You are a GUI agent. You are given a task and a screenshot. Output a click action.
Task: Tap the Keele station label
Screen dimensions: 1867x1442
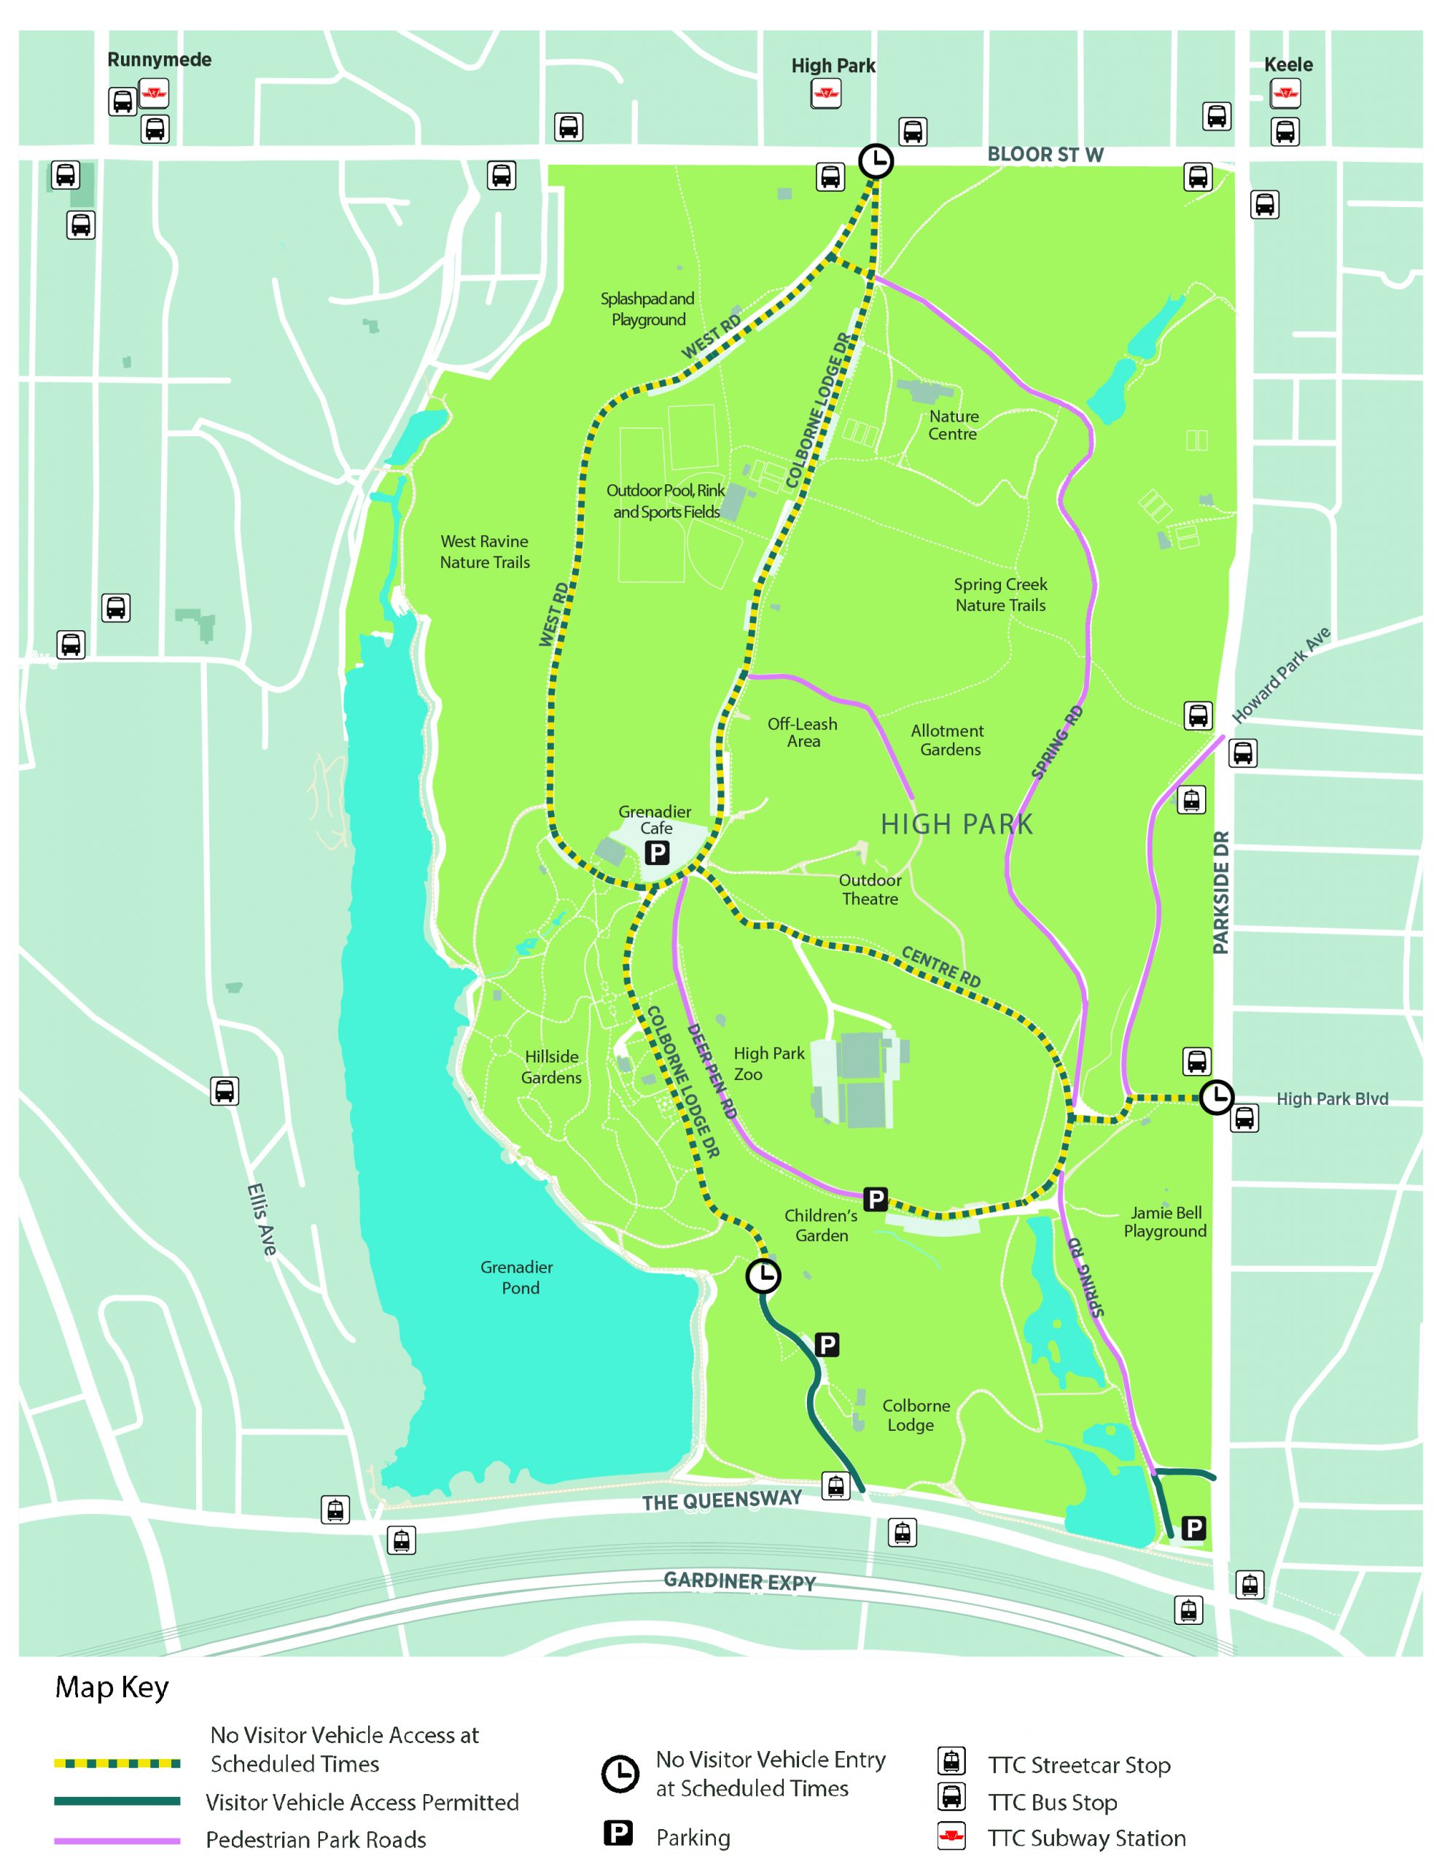click(x=1288, y=65)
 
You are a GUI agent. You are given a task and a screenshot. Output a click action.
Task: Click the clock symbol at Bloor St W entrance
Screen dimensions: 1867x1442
click(x=876, y=160)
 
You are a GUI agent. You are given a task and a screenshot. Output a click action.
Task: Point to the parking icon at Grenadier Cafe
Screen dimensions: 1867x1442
click(x=656, y=853)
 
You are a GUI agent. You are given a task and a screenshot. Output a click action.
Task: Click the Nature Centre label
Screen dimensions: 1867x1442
click(x=953, y=425)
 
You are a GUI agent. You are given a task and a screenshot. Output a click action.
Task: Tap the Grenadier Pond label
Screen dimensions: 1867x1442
click(x=516, y=1277)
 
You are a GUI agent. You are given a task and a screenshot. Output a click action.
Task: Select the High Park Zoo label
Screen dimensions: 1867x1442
click(x=768, y=1063)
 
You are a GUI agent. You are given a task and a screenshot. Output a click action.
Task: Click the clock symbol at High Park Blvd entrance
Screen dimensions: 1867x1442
click(x=1216, y=1097)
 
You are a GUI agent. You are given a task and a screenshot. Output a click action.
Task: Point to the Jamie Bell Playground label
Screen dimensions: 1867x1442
click(x=1165, y=1222)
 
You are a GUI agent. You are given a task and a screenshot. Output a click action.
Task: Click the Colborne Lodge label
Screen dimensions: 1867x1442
click(x=916, y=1415)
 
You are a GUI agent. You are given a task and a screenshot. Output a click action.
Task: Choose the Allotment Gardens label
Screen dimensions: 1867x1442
click(x=948, y=740)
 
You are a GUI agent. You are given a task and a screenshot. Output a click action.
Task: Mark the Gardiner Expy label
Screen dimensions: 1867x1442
click(x=739, y=1581)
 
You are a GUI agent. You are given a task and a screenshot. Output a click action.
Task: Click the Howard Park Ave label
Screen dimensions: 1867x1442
click(x=1280, y=675)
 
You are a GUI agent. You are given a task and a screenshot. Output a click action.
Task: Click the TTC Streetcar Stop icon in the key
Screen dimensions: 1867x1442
click(x=951, y=1761)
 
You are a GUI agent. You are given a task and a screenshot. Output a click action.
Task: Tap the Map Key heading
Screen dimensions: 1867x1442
click(x=112, y=1688)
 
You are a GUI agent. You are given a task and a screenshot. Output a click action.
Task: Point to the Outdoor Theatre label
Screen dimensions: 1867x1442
click(x=869, y=889)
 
